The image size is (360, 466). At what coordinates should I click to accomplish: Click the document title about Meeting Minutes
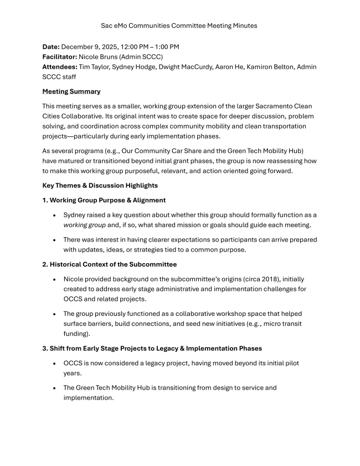point(179,25)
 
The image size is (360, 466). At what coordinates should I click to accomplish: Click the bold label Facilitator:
point(60,57)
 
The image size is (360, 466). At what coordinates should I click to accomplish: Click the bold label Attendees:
point(60,66)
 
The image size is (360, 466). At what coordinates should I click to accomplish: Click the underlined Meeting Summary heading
point(71,91)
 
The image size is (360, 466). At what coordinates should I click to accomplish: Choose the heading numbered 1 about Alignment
point(104,199)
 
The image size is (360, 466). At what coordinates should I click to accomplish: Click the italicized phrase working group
point(84,224)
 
